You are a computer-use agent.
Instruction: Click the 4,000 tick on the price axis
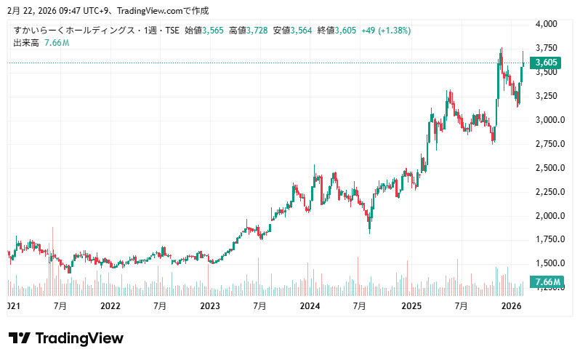[x=547, y=24]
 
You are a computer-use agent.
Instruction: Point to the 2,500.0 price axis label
[x=549, y=168]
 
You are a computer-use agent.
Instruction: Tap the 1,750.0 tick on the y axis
[x=549, y=239]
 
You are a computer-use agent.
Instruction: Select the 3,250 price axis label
[x=547, y=96]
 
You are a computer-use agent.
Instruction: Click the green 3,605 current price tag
[x=546, y=63]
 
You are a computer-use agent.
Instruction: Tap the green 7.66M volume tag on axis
[x=547, y=282]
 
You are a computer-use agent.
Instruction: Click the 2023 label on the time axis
[x=210, y=307]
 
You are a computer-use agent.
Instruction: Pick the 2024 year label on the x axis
[x=310, y=307]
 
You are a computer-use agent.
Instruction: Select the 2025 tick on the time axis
[x=411, y=307]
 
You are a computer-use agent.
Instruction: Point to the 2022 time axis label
[x=110, y=307]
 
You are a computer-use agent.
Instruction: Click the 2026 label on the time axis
[x=512, y=307]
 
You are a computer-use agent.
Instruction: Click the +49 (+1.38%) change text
[x=386, y=31]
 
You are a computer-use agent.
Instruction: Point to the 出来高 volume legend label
[x=26, y=43]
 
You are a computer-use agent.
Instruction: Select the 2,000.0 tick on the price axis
[x=549, y=216]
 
